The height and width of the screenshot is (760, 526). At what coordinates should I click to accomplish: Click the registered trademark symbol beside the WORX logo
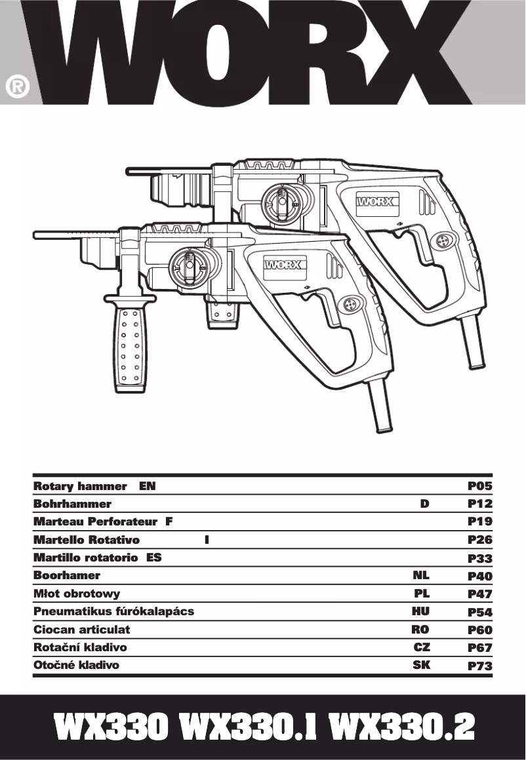coord(17,88)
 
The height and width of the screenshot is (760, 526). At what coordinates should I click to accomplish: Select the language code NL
coord(420,576)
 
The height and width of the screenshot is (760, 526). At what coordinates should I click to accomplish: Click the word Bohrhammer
coord(72,504)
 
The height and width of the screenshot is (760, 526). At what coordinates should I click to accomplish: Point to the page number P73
coord(479,666)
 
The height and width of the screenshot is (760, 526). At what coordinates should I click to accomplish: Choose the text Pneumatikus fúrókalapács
coord(113,612)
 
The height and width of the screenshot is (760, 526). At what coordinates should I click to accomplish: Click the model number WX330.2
coord(401,727)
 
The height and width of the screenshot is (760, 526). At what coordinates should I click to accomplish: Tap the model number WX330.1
coord(252,727)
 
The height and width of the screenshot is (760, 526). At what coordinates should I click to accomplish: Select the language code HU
coord(420,612)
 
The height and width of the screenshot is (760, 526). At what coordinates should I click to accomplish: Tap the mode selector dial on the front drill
coord(188,267)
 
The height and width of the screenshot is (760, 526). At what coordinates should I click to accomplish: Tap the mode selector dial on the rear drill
coord(280,200)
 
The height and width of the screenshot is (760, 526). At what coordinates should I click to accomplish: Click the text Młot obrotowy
coord(77,594)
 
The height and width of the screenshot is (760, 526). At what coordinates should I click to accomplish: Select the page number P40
coord(479,577)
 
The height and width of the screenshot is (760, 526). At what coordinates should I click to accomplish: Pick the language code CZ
coord(422,647)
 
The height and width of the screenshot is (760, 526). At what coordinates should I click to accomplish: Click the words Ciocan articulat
coord(82,630)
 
